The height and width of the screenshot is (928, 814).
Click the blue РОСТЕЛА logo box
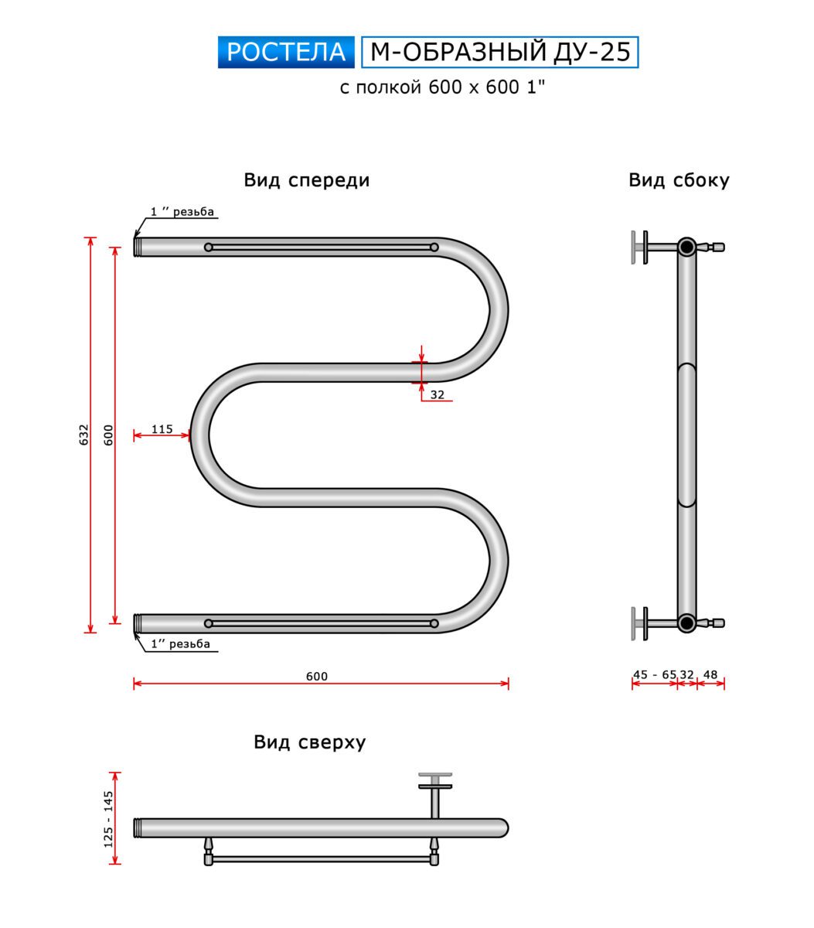click(286, 53)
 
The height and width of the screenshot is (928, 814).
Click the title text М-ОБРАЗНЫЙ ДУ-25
click(500, 52)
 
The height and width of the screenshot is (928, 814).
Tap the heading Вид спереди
click(306, 180)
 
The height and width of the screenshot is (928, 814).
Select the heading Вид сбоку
click(679, 180)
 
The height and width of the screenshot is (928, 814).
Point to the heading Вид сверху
click(309, 742)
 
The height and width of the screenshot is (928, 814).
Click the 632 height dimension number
click(84, 435)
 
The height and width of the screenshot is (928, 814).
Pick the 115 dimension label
click(162, 429)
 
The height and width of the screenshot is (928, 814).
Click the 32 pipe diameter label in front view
click(438, 394)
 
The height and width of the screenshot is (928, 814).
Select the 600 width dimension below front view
click(317, 676)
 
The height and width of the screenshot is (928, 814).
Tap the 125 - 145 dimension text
click(108, 819)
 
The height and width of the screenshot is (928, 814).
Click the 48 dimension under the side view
click(710, 674)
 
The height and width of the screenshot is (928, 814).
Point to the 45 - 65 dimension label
click(654, 674)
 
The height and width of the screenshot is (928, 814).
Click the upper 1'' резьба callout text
click(182, 212)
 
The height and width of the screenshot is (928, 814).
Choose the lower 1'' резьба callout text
click(180, 644)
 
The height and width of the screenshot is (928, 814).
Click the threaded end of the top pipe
click(138, 247)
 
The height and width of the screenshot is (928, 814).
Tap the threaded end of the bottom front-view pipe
click(138, 623)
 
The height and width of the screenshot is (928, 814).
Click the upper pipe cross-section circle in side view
click(686, 247)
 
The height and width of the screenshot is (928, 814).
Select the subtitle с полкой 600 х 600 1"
click(442, 87)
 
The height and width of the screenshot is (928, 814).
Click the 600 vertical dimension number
click(108, 435)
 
